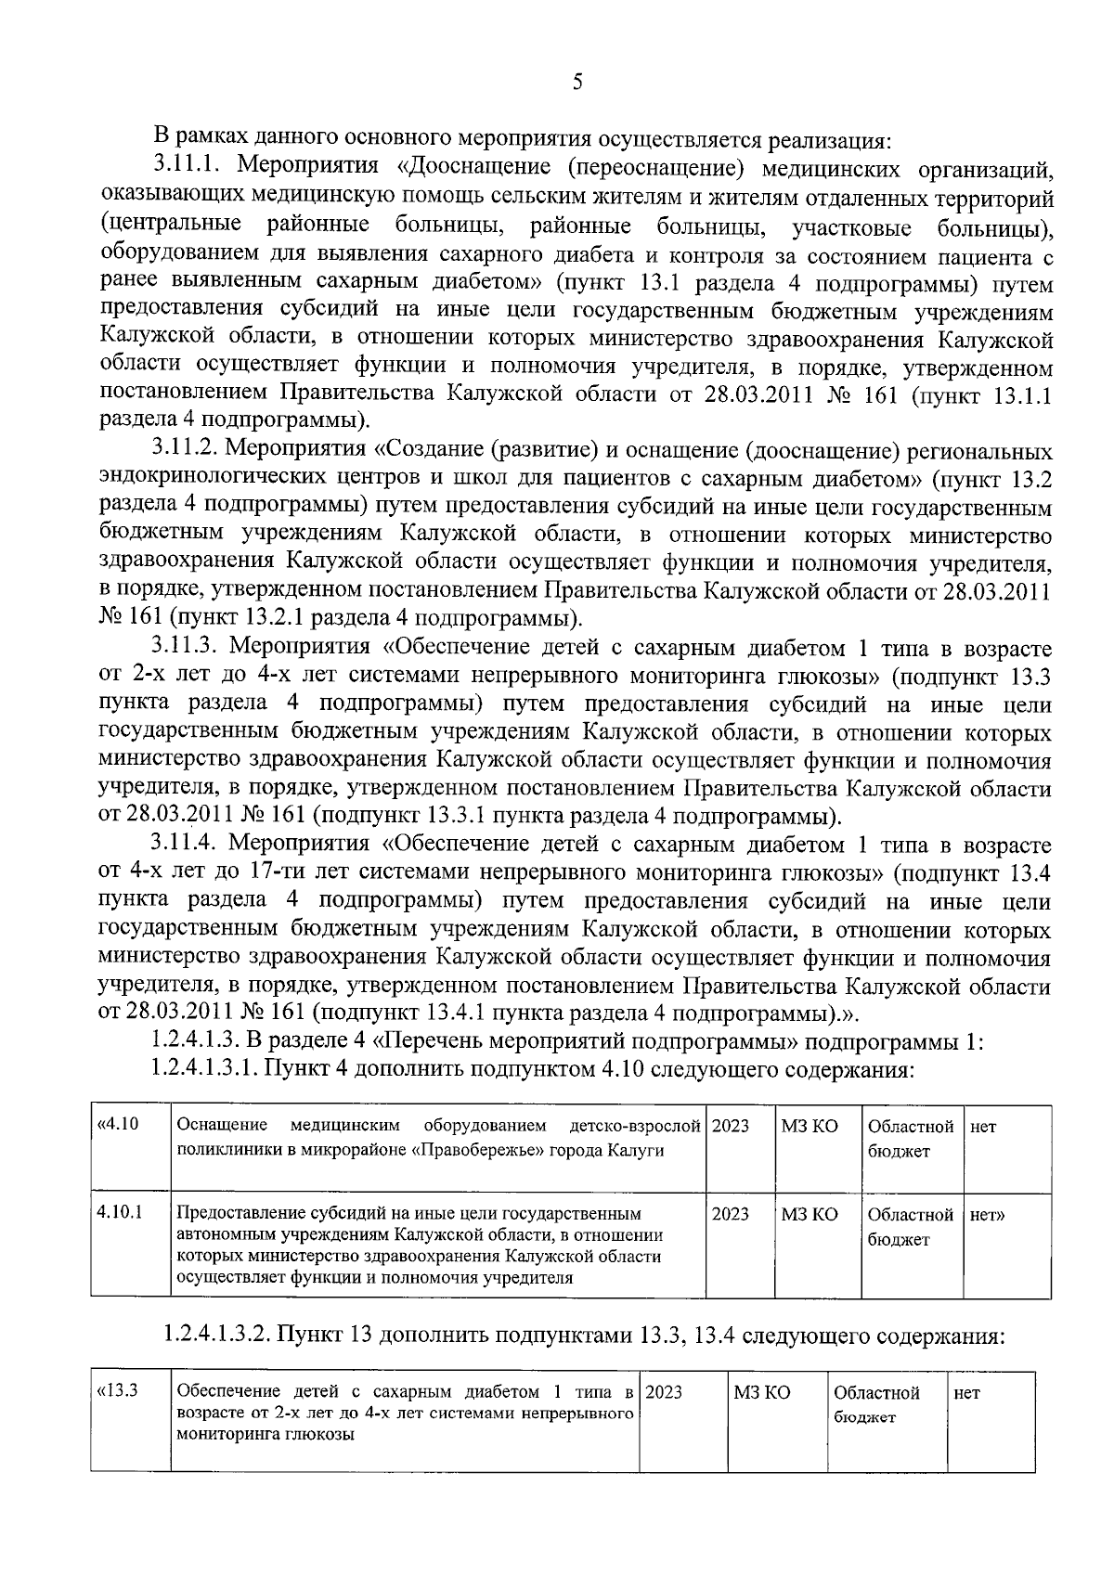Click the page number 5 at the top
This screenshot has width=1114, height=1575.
coord(577,83)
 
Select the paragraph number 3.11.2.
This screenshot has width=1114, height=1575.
coord(186,451)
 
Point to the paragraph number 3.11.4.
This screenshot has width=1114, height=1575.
coord(186,845)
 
